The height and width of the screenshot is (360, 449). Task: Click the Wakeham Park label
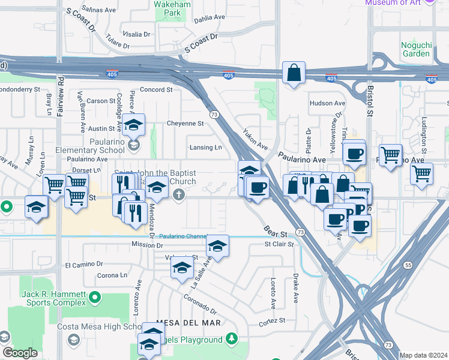tap(167, 8)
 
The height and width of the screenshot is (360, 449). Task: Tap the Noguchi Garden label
tap(416, 49)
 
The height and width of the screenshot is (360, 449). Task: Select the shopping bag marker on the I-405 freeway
tap(294, 73)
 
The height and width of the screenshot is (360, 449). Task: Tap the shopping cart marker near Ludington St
tap(422, 174)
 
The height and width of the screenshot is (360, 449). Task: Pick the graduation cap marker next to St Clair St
tap(217, 246)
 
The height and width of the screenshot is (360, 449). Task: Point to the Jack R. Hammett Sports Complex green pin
tap(94, 297)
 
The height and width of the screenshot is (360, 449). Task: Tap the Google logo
tap(20, 353)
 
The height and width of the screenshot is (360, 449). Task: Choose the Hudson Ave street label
tap(327, 103)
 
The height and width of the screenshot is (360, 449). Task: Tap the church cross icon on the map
tap(178, 195)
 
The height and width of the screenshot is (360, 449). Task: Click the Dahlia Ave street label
tap(209, 18)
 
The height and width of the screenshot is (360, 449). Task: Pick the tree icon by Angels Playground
tap(232, 340)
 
